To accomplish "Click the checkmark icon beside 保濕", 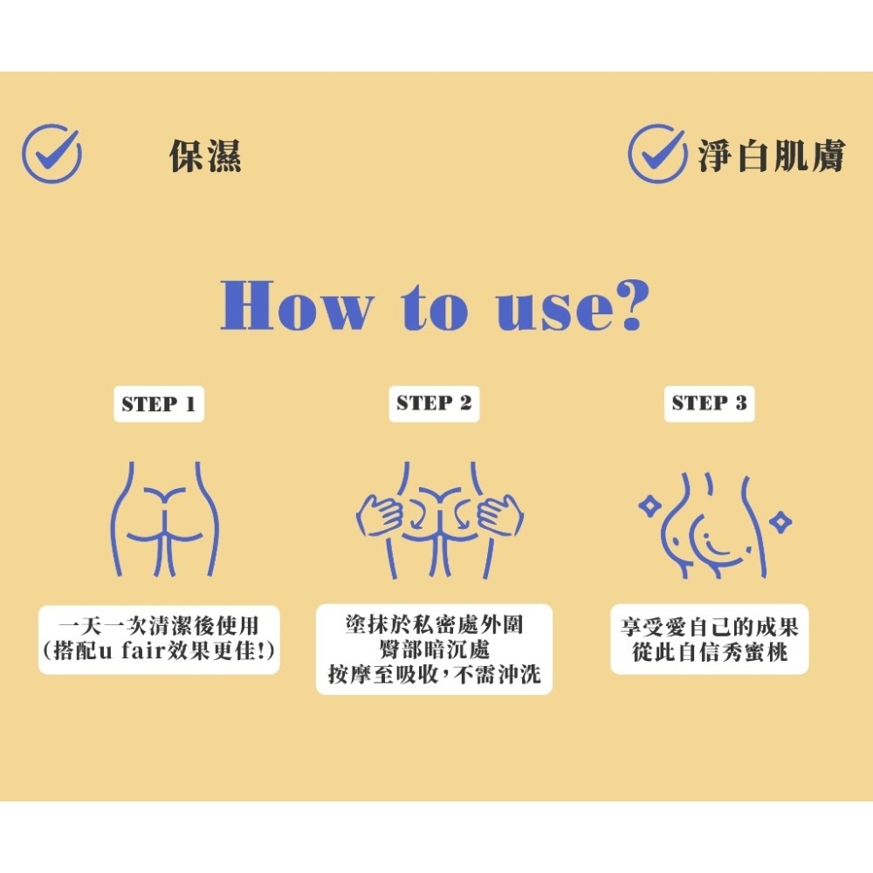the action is pyautogui.click(x=52, y=153).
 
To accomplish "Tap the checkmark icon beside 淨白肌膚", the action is pyautogui.click(x=657, y=153).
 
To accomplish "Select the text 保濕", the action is pyautogui.click(x=205, y=155).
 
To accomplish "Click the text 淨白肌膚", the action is pyautogui.click(x=772, y=155).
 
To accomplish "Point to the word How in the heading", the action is pyautogui.click(x=296, y=306).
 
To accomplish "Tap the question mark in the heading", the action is pyautogui.click(x=628, y=305).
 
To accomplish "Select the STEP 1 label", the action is pyautogui.click(x=159, y=403).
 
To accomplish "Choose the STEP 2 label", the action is pyautogui.click(x=434, y=403).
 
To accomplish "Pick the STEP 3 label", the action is pyautogui.click(x=709, y=403).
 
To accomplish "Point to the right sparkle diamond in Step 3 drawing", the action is pyautogui.click(x=780, y=522).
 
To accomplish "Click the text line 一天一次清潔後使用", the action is pyautogui.click(x=159, y=626).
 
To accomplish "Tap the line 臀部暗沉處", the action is pyautogui.click(x=434, y=650).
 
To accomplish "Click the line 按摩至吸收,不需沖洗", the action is pyautogui.click(x=434, y=674).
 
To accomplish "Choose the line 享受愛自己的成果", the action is pyautogui.click(x=709, y=628).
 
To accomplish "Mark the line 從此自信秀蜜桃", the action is pyautogui.click(x=710, y=652).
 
